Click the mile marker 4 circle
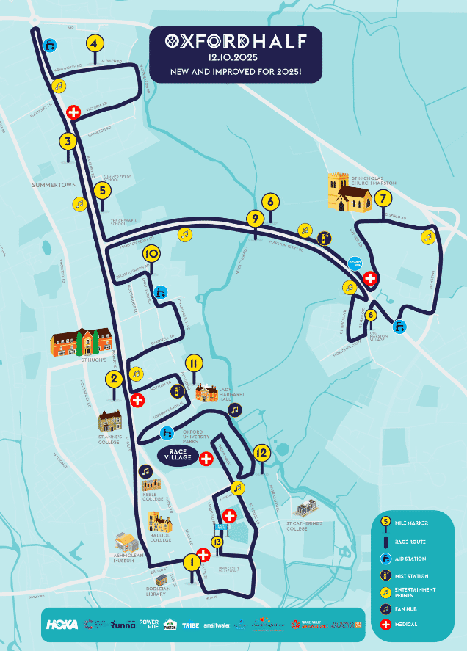point(93,43)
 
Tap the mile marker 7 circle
point(382,198)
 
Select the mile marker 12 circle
point(261,452)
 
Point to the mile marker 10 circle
point(151,254)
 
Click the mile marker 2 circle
point(114,379)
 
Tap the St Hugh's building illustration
point(82,342)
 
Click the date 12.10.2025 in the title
point(235,57)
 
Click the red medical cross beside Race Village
point(206,459)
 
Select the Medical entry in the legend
point(405,624)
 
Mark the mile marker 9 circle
point(255,218)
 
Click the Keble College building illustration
point(152,485)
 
